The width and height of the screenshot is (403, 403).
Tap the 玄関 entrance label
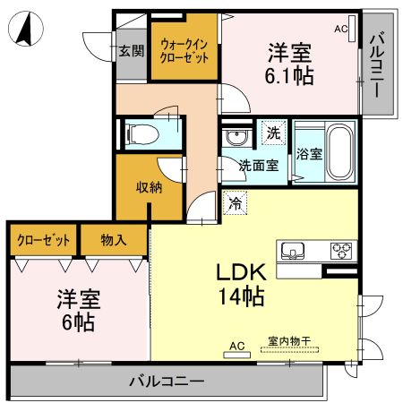coord(131,51)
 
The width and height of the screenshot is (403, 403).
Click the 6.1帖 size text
coord(288,75)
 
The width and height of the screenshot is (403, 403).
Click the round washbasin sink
coord(237,139)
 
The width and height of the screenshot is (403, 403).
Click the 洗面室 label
coord(258,165)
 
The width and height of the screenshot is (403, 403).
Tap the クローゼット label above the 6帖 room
coord(42,240)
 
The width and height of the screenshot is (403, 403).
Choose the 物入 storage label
coord(114,240)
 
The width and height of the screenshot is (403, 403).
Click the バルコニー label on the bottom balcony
coord(165,382)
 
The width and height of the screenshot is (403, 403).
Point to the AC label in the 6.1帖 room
coord(340,29)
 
